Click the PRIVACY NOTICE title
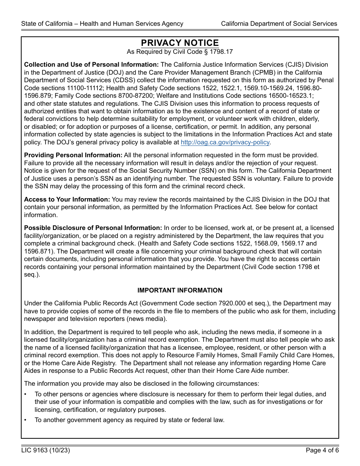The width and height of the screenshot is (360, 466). click(x=180, y=43)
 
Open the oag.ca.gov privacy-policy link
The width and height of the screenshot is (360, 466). click(x=225, y=142)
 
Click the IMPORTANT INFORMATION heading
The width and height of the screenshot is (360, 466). click(x=180, y=290)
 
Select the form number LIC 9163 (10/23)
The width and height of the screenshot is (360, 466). click(x=45, y=450)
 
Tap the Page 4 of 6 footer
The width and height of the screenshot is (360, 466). click(x=321, y=450)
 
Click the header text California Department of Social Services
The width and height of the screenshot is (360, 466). click(x=279, y=23)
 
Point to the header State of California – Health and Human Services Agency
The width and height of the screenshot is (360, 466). click(x=102, y=23)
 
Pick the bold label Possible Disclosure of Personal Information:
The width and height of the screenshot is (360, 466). click(x=93, y=228)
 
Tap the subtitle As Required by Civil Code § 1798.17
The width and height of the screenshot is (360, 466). click(x=180, y=52)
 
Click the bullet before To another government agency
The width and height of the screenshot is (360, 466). click(x=25, y=420)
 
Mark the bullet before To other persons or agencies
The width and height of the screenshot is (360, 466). click(x=25, y=394)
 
